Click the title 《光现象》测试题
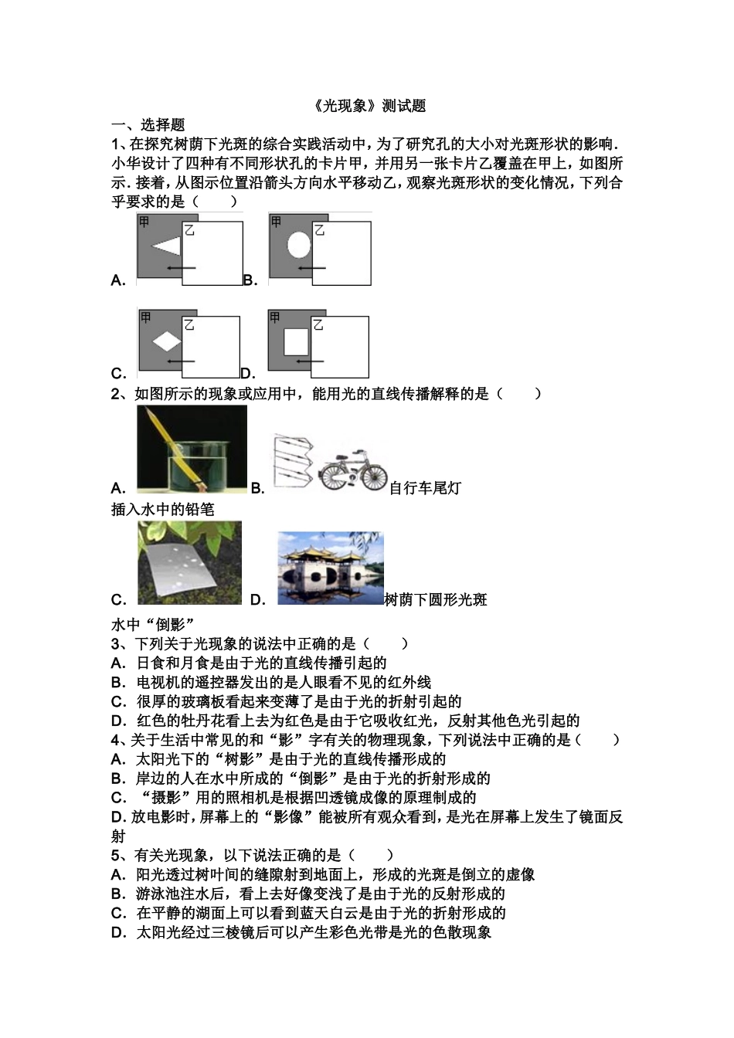(x=369, y=106)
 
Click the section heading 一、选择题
(x=148, y=125)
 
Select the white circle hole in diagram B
(x=299, y=244)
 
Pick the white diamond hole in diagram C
(x=167, y=341)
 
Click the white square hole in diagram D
(x=296, y=341)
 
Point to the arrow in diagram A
(x=182, y=268)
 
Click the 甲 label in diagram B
(x=276, y=222)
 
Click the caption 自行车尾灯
(x=425, y=488)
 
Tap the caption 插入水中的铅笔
(x=163, y=509)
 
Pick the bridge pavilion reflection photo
(x=331, y=568)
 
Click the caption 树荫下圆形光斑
(x=436, y=600)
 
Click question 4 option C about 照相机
(x=294, y=798)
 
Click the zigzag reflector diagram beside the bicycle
(x=294, y=463)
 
